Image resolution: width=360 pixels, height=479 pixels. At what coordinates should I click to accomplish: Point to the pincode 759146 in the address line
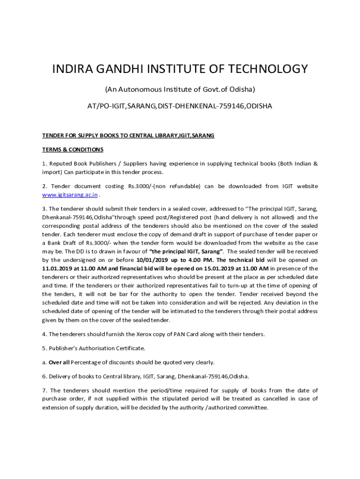pos(230,106)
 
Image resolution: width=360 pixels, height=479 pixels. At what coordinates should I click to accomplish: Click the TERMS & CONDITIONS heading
pos(72,150)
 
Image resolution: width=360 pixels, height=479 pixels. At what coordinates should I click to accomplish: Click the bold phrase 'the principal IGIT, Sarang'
pos(186,251)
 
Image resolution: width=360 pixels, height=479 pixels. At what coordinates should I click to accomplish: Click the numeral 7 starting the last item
pos(44,390)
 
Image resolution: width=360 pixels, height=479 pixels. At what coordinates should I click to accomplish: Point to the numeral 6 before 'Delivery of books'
pos(44,376)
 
